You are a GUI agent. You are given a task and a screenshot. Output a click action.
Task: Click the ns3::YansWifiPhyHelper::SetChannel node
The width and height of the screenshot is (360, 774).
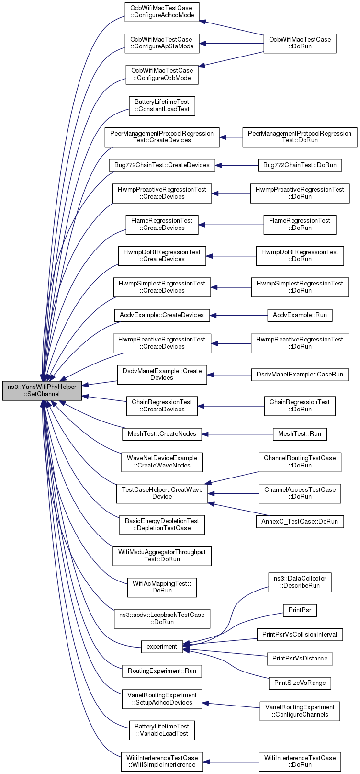42,390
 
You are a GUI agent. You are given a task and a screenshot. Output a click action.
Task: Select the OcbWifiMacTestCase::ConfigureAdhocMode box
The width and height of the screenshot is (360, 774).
162,12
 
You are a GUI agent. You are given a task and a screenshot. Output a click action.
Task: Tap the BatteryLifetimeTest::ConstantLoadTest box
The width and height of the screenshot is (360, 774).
162,106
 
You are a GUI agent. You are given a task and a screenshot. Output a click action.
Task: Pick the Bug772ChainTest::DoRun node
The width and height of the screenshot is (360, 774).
300,165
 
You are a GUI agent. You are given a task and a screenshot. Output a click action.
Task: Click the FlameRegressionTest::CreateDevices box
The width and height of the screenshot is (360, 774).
162,224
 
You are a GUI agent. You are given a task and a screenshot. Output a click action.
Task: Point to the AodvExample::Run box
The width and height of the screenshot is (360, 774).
300,315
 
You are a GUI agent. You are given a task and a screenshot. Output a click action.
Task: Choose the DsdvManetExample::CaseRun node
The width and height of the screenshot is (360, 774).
300,375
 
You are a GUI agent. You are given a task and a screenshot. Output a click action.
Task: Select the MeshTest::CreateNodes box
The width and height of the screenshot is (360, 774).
162,434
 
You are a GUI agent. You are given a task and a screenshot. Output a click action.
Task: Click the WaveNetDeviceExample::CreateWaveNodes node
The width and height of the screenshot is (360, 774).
162,462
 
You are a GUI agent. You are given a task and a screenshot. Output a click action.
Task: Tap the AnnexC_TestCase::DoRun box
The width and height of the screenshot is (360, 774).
300,522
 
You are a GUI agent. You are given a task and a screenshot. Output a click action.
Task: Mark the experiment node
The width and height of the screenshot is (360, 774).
162,647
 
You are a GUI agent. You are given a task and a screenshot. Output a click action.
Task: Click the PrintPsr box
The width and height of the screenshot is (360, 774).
300,610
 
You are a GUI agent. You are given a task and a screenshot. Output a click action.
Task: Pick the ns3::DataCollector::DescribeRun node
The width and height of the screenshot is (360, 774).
300,582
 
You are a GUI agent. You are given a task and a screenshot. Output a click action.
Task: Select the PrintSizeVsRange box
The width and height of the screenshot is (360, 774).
300,683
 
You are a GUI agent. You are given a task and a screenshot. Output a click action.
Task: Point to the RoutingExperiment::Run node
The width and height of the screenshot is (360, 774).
162,671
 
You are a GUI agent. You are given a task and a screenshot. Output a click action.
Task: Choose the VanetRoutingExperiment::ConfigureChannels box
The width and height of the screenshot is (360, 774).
300,711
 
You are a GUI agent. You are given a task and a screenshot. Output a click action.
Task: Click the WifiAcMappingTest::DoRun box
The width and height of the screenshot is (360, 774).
162,587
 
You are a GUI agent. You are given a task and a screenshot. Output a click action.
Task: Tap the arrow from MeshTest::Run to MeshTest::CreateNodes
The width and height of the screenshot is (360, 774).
237,434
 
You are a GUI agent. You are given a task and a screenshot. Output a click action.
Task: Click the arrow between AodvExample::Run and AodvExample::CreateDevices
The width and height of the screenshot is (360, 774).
239,315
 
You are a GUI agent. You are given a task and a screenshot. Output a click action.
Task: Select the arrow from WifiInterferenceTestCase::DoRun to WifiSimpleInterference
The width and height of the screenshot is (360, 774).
231,762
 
